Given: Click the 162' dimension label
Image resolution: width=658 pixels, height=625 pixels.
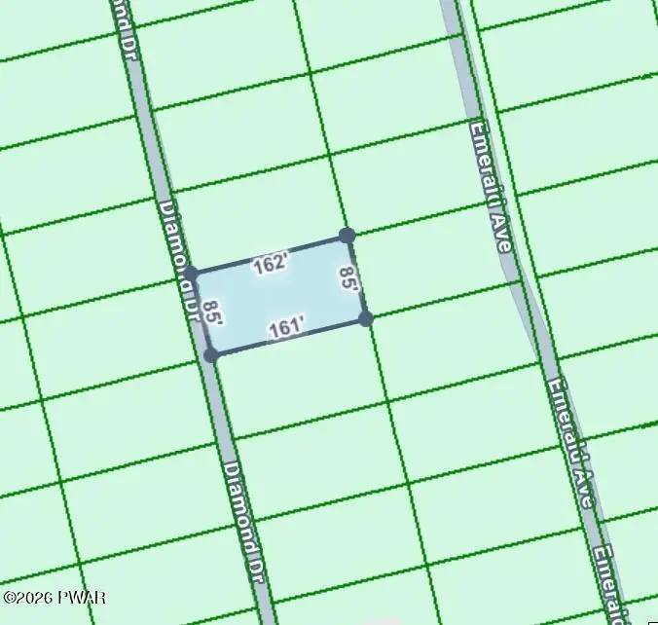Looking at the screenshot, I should tap(272, 263).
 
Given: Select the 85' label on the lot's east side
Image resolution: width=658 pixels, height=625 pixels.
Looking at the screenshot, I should tap(348, 281).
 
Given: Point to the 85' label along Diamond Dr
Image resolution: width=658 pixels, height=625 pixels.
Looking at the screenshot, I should tap(215, 312).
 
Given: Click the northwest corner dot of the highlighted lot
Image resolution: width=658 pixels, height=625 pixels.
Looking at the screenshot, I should tap(191, 274).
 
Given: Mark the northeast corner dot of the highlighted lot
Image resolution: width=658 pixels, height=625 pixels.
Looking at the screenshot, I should tap(346, 235).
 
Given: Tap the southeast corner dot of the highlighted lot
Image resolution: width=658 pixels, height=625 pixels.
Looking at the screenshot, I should tap(365, 317).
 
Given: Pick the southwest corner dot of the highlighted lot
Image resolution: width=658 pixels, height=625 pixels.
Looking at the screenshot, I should tap(210, 355).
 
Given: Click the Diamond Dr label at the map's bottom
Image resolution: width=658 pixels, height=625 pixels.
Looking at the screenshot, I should tap(243, 516).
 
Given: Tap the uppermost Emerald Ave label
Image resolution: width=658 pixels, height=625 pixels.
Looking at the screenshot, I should tap(490, 185).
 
